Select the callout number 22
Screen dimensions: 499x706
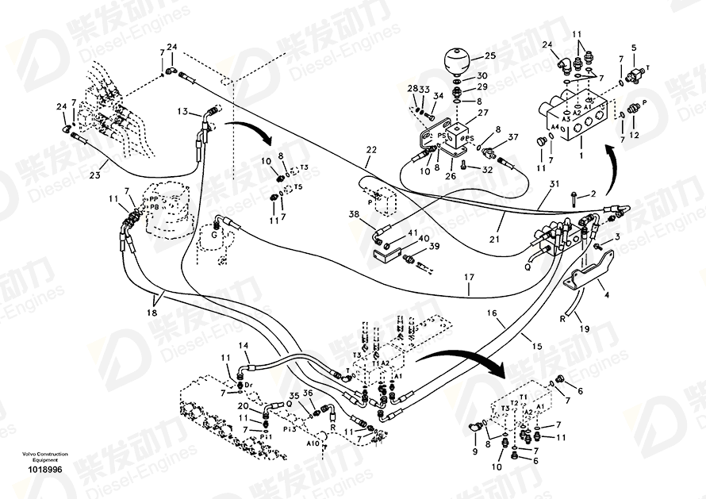371,149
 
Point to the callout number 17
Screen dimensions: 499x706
469,278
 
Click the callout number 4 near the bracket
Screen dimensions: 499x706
607,295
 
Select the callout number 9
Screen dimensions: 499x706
475,451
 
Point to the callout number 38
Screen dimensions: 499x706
352,214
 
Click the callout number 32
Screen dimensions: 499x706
487,169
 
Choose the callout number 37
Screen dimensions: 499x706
513,136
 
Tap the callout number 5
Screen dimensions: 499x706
633,48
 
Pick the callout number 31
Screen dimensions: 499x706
554,184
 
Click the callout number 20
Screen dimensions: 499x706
244,406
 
